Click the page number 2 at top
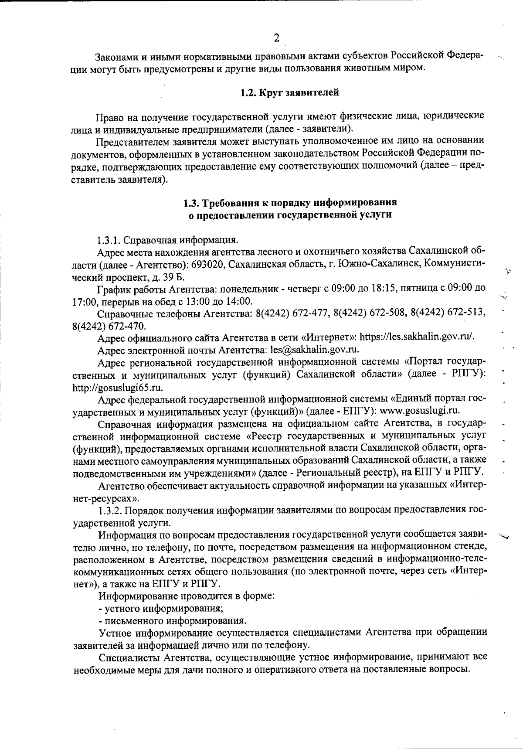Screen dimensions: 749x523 [x=276, y=38]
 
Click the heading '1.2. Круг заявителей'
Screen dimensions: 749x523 [x=290, y=92]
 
